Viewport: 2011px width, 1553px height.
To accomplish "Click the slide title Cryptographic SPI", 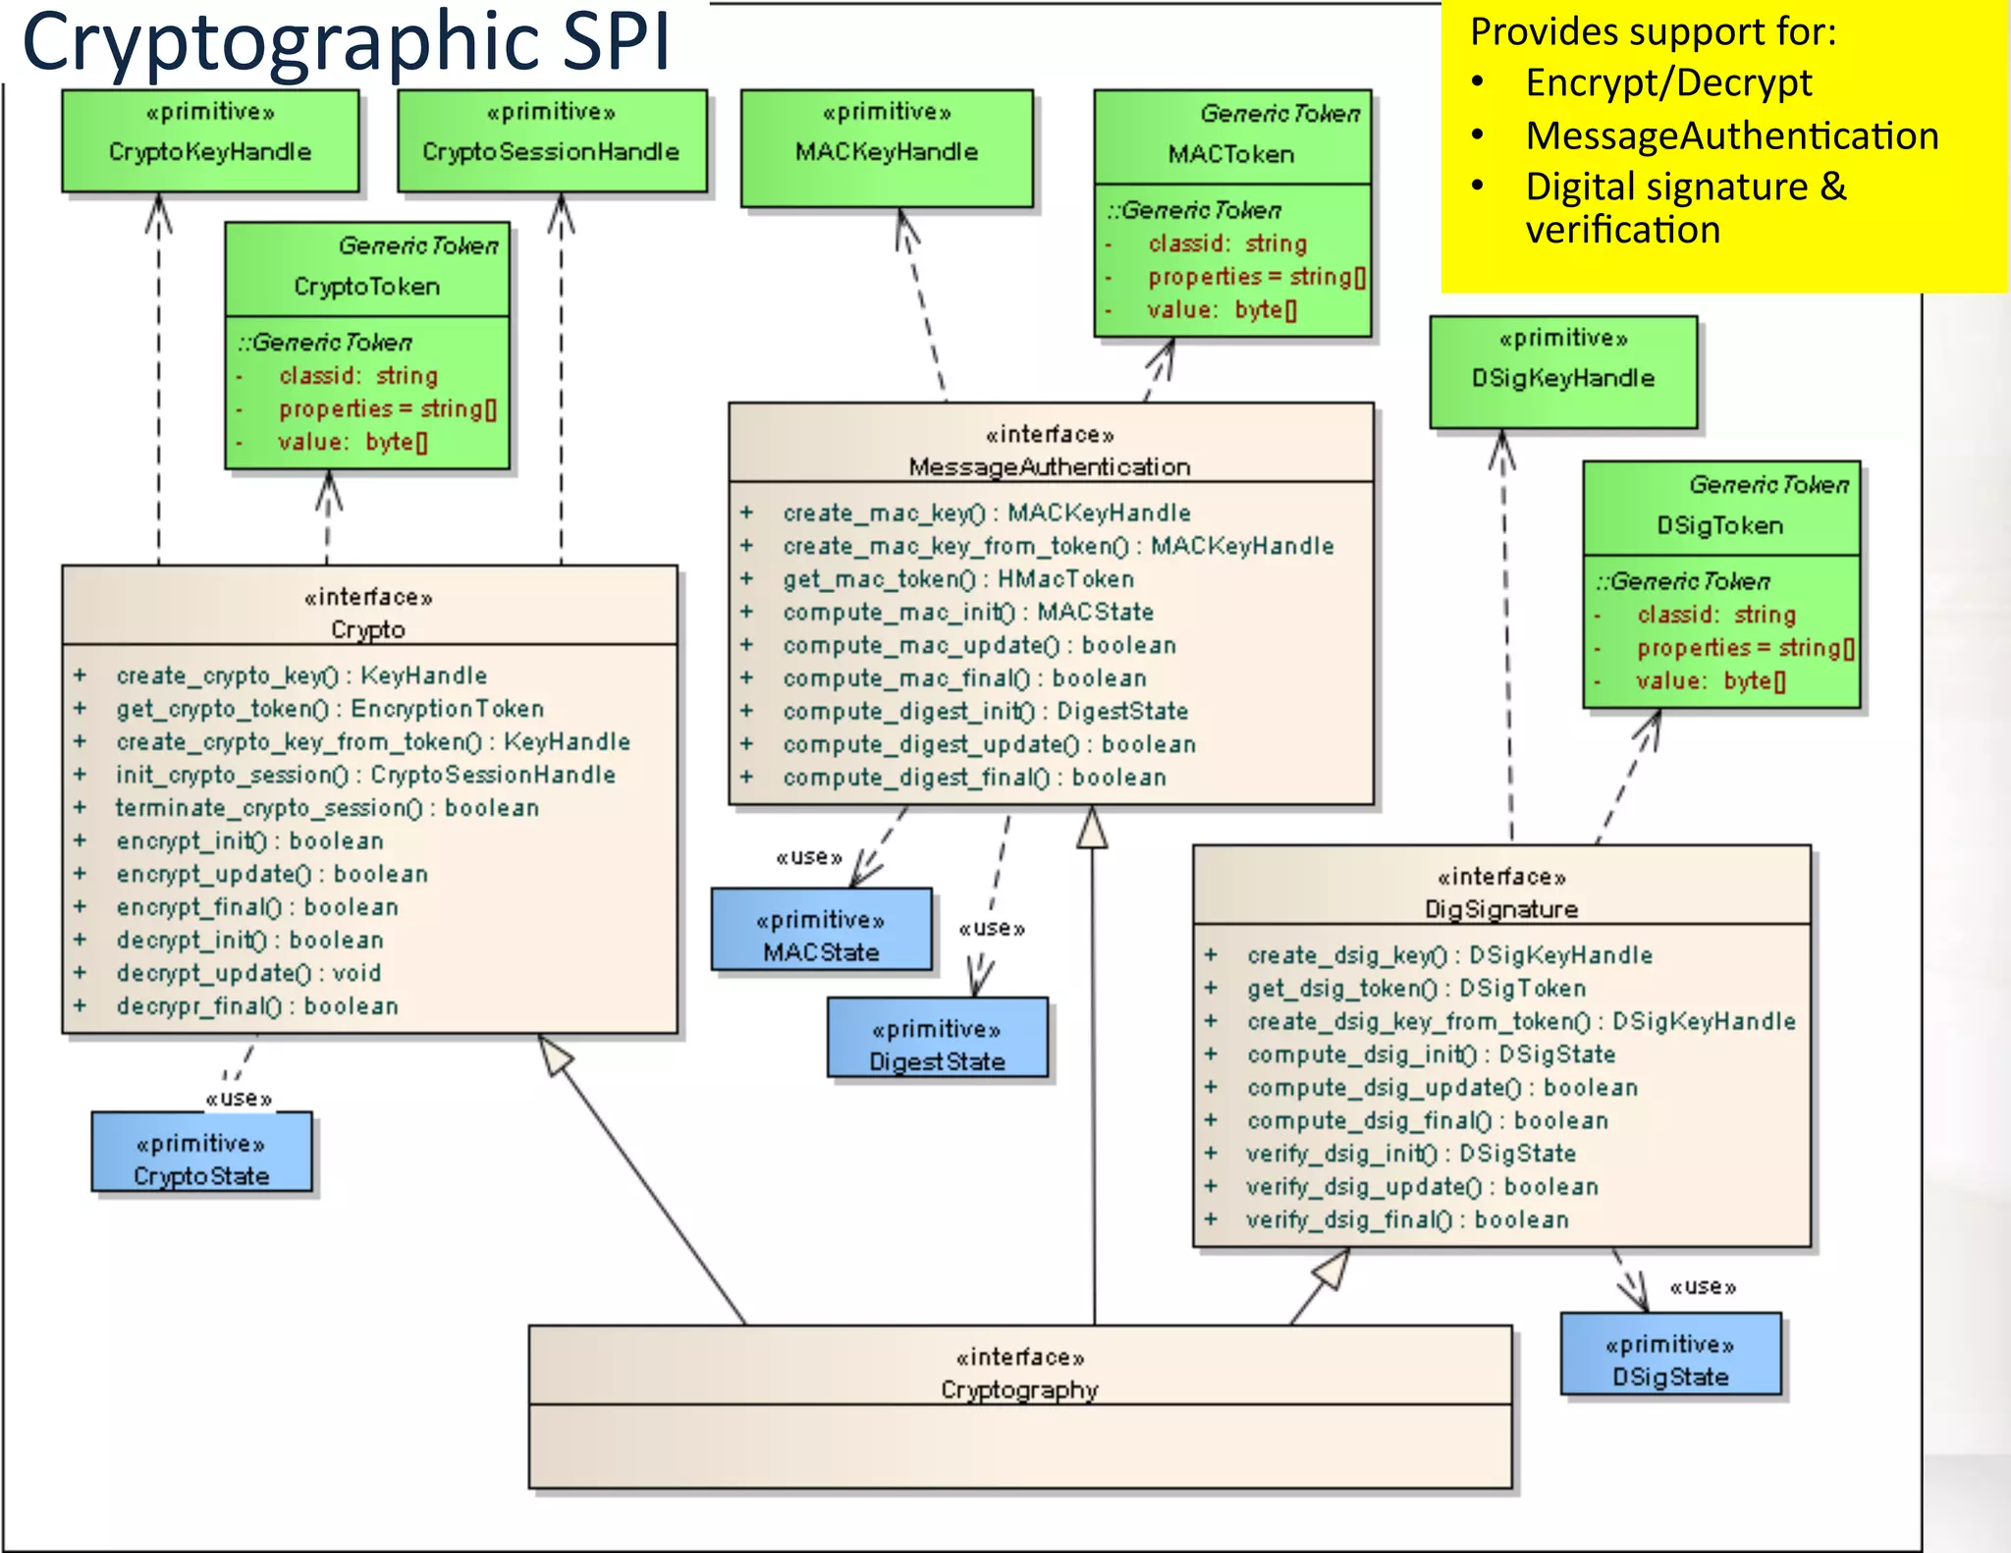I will [346, 41].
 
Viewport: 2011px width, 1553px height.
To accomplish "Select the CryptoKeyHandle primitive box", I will [210, 140].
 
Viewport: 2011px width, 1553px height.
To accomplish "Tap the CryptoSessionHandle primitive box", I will [551, 140].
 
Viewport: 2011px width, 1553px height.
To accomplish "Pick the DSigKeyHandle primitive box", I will [1563, 371].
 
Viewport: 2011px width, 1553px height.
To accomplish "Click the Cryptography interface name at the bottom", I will [1019, 1390].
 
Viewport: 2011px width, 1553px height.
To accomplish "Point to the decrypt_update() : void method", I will [248, 973].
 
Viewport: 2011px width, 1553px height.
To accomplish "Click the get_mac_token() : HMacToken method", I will [958, 579].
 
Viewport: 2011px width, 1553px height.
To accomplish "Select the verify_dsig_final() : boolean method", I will [1407, 1220].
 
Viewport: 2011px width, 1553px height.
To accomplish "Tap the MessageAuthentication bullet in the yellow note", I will [1732, 135].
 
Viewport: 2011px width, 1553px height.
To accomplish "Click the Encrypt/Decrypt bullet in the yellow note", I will [1668, 82].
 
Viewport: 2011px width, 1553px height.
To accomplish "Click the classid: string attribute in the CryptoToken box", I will [358, 376].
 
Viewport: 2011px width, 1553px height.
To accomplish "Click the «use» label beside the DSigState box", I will [1703, 1286].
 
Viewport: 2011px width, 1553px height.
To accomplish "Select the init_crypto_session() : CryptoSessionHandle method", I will [365, 775].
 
